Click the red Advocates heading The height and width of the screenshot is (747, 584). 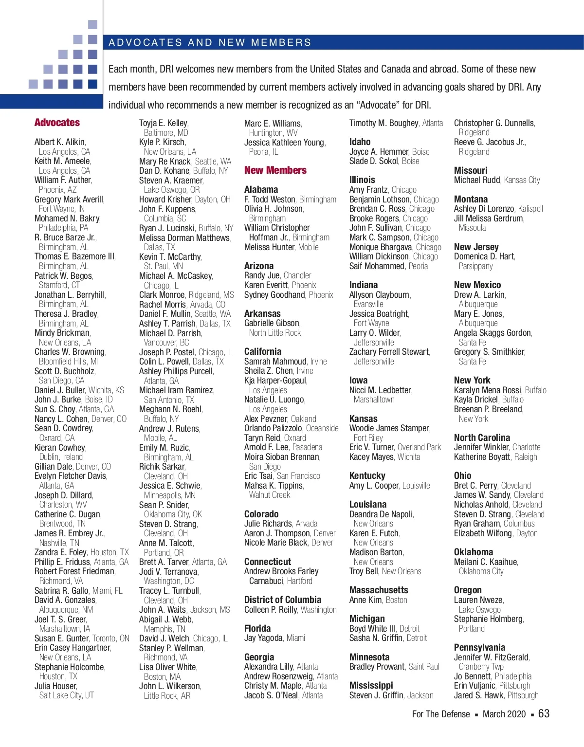[x=57, y=123]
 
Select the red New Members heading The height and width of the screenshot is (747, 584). [x=275, y=170]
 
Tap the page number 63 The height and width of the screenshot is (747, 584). [x=544, y=713]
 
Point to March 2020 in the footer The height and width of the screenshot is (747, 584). [x=504, y=714]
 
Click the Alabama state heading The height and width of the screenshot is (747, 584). [x=261, y=190]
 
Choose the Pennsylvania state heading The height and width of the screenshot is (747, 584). [x=479, y=648]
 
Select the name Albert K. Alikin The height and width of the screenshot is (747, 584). [x=59, y=142]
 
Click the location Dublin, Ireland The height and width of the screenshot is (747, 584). [x=61, y=457]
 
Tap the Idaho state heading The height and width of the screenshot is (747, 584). [x=360, y=142]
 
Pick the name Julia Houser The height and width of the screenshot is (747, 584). [x=55, y=686]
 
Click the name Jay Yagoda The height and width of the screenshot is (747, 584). [x=263, y=638]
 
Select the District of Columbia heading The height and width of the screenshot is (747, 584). [x=282, y=600]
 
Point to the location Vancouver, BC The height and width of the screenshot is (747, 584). [x=166, y=343]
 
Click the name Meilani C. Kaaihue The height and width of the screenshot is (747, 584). [x=485, y=562]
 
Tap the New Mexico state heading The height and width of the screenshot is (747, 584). [x=477, y=285]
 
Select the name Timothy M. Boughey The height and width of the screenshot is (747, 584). [x=383, y=123]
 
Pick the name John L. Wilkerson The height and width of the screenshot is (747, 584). [x=169, y=686]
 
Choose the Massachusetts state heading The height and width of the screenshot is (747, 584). [x=379, y=590]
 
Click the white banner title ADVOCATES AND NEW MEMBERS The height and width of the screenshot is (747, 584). [x=210, y=42]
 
